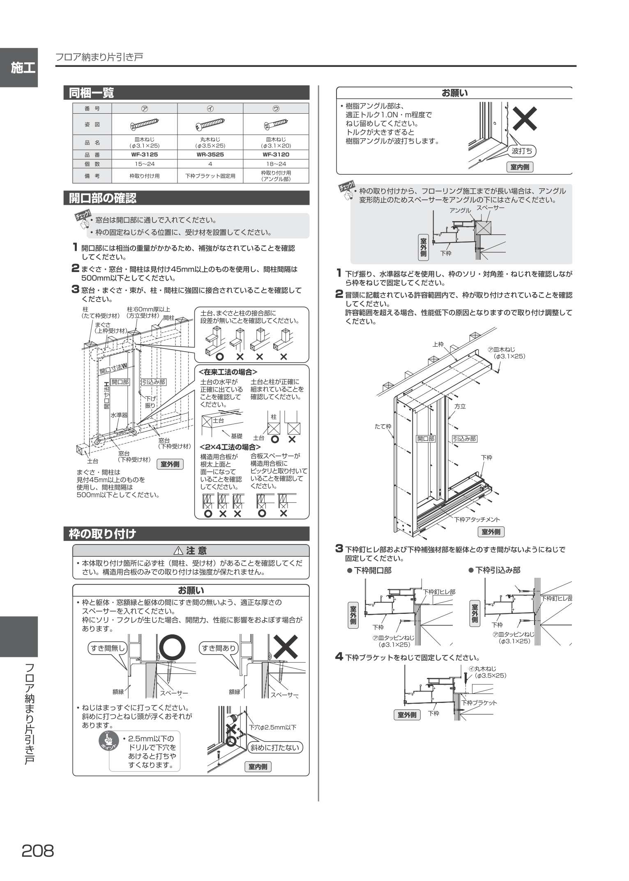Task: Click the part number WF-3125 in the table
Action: click(144, 155)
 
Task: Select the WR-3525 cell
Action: click(210, 155)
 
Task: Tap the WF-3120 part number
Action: click(276, 155)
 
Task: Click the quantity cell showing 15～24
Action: click(144, 164)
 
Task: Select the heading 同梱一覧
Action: click(91, 93)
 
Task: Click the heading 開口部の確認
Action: click(103, 198)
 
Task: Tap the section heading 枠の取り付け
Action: click(102, 534)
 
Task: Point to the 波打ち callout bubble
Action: click(522, 151)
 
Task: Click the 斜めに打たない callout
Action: click(276, 747)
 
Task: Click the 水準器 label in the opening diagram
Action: click(119, 415)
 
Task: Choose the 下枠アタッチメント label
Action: click(477, 519)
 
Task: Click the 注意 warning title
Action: click(191, 550)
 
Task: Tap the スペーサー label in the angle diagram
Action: click(490, 208)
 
